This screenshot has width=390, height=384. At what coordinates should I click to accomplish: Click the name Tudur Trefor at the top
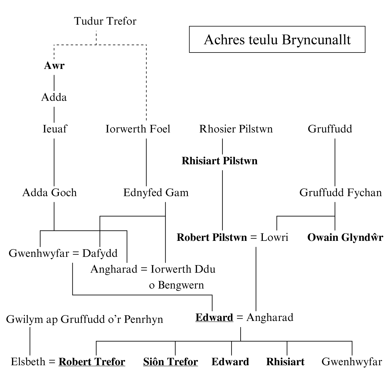point(105,21)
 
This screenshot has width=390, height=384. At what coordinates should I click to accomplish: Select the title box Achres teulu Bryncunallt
point(277,40)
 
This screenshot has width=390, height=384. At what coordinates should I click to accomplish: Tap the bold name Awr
point(54,66)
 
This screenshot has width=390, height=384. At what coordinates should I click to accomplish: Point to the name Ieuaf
point(55,129)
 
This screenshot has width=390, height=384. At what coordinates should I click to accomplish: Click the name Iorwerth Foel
point(138,129)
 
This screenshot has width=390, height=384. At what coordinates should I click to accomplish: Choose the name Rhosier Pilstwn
point(236,129)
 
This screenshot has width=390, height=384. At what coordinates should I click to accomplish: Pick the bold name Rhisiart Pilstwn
point(219,161)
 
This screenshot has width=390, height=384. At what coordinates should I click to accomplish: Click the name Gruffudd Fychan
point(340,193)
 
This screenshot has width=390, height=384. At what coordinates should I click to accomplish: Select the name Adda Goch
point(50,193)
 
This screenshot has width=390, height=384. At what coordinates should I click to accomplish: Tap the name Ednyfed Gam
point(156,193)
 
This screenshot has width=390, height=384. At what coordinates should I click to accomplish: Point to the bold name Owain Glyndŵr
point(345,237)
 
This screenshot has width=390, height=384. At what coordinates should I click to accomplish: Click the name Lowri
point(274,237)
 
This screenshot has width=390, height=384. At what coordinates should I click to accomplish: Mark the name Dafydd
point(100,253)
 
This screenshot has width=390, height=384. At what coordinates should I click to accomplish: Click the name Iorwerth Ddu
point(183,269)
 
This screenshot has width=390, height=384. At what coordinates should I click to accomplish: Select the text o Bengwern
point(176,285)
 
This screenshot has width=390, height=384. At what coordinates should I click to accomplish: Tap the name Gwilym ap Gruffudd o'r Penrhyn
point(84,319)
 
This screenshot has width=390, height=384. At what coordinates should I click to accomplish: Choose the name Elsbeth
point(28,362)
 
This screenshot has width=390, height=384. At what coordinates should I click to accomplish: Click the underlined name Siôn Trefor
point(171,362)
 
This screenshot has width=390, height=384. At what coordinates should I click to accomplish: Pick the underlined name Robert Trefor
point(92,362)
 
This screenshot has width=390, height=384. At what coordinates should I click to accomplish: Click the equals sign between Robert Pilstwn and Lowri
point(253,238)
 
